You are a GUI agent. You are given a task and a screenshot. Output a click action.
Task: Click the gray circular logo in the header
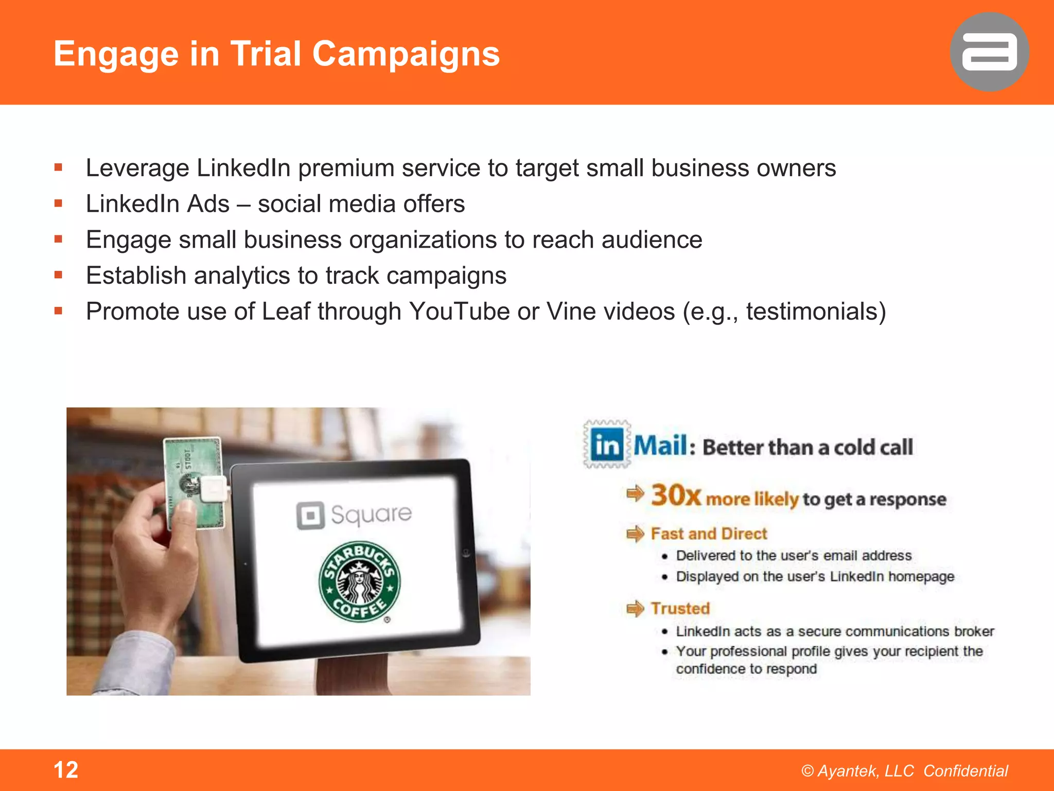pyautogui.click(x=989, y=52)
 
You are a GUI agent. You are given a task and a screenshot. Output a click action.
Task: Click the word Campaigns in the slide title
pyautogui.click(x=406, y=54)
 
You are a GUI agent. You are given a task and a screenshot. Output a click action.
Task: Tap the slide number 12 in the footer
pyautogui.click(x=66, y=770)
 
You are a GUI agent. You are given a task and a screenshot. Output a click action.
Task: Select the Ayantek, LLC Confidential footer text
pyautogui.click(x=904, y=771)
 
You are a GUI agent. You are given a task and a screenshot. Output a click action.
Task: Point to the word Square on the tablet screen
pyautogui.click(x=371, y=514)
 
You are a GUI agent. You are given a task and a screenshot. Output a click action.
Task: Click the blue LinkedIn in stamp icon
pyautogui.click(x=607, y=444)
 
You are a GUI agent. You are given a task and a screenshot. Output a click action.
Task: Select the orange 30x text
pyautogui.click(x=676, y=495)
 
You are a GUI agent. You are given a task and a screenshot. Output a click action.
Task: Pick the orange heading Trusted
pyautogui.click(x=680, y=609)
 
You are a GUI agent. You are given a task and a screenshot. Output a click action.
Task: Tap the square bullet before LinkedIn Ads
pyautogui.click(x=58, y=204)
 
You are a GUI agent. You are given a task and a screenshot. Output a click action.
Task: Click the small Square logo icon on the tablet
pyautogui.click(x=310, y=515)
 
